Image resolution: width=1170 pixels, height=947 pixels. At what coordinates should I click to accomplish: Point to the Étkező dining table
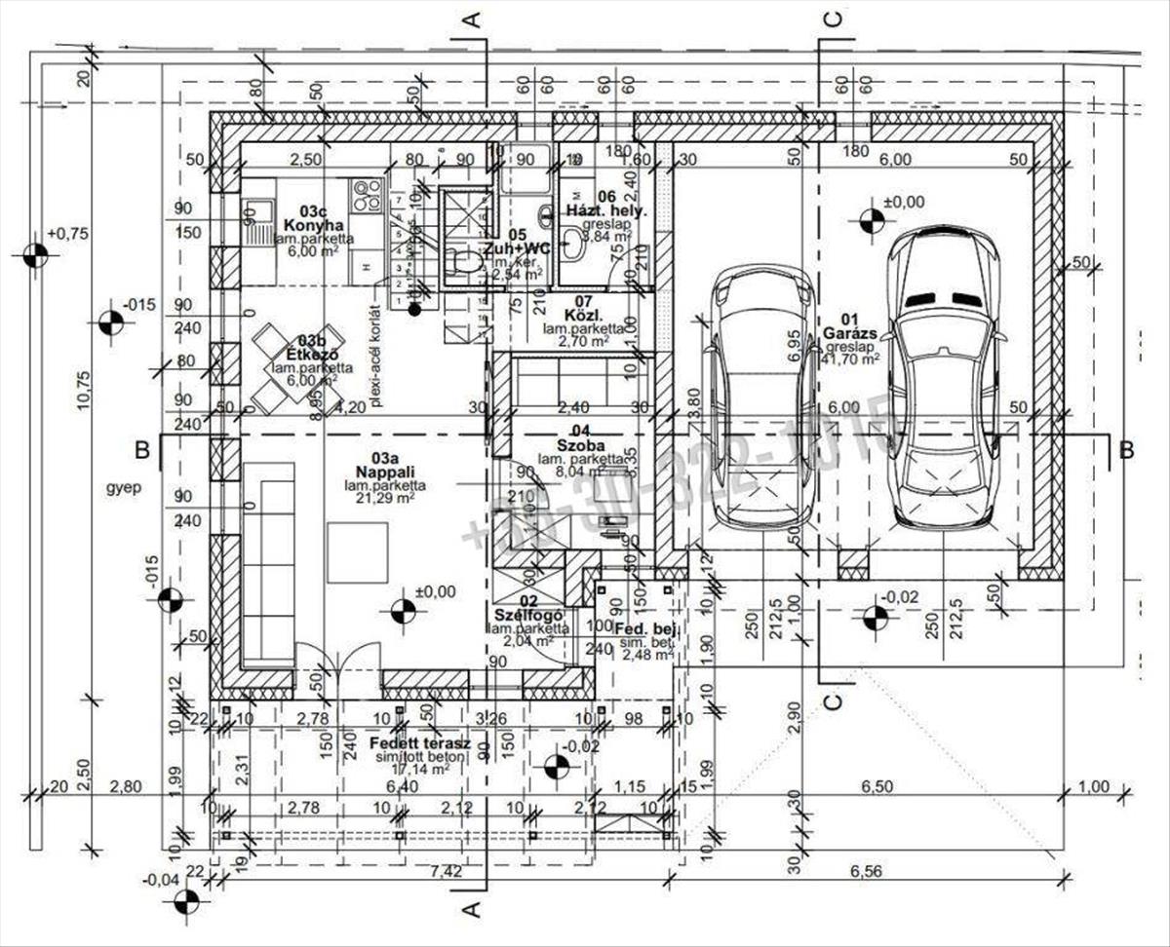pos(297,369)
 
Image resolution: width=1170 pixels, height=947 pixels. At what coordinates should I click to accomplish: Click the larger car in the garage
pos(943,380)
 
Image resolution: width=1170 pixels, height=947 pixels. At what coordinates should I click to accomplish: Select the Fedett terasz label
pos(420,744)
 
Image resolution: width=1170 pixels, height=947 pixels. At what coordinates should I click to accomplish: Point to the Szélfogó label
pos(525,615)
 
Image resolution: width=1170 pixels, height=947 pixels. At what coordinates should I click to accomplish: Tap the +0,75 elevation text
pos(66,234)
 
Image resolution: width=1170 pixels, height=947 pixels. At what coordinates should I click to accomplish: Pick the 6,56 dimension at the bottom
pos(859,871)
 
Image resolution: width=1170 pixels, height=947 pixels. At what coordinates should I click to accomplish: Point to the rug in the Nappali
pos(357,551)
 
